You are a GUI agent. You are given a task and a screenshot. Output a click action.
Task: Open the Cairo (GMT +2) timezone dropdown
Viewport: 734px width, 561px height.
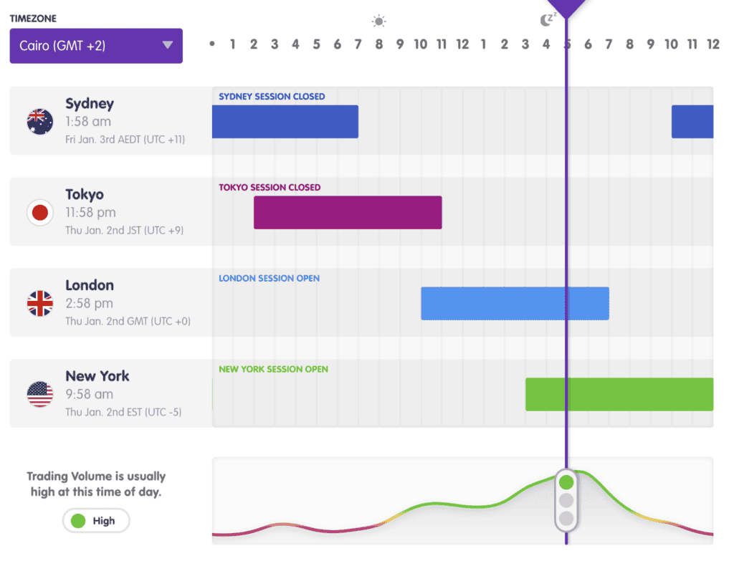click(96, 46)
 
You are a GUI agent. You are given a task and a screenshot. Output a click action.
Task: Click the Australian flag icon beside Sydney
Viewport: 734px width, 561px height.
click(40, 121)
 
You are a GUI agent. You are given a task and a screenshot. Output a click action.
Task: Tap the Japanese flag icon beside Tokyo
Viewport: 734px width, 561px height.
click(40, 212)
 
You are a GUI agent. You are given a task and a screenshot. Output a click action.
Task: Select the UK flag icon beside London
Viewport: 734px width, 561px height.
click(40, 303)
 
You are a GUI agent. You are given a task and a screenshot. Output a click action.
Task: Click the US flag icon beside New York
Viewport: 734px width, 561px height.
click(40, 394)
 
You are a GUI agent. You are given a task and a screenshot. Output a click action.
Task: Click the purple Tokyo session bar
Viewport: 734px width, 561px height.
click(348, 212)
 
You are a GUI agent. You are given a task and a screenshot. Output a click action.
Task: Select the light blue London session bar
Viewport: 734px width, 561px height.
click(515, 303)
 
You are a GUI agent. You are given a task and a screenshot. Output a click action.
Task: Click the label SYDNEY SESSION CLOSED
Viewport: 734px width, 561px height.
click(272, 97)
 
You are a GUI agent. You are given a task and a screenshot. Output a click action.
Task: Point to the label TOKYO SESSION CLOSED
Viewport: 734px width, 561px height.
click(270, 188)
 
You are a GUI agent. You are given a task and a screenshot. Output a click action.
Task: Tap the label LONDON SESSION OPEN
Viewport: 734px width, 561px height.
click(269, 279)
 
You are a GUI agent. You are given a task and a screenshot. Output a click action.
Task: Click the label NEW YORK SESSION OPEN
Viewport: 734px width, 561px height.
click(273, 370)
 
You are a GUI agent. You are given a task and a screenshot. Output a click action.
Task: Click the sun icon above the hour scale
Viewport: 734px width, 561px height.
click(379, 21)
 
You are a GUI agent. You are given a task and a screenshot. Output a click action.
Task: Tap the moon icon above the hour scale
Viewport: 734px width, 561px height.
click(547, 19)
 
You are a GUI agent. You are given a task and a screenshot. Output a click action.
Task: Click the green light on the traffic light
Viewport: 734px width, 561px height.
click(566, 481)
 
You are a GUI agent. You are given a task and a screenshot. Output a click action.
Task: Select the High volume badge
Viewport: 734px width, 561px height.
click(96, 521)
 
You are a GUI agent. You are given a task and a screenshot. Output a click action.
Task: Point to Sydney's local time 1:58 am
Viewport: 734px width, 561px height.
click(88, 122)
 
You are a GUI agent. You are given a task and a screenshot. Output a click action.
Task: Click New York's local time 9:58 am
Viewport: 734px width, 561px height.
click(89, 394)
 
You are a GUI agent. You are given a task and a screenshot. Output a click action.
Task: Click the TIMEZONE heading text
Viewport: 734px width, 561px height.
click(33, 19)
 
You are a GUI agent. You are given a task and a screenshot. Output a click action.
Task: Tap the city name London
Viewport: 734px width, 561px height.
click(90, 285)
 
